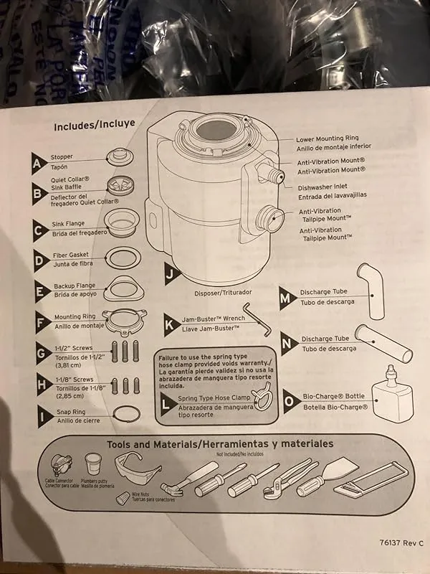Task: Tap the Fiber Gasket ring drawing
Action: coord(122,258)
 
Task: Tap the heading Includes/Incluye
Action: coord(95,124)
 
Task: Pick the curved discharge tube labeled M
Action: coord(371,291)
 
